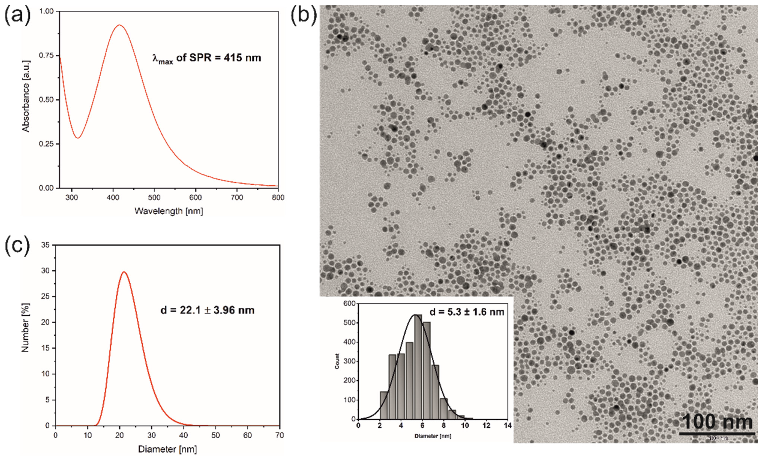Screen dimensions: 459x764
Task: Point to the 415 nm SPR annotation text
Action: [207, 58]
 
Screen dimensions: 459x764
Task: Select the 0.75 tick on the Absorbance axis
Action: [46, 55]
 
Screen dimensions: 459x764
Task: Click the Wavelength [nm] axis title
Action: [169, 211]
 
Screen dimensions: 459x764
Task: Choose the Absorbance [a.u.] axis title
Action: [26, 96]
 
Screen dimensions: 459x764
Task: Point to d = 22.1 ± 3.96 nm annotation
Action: [207, 310]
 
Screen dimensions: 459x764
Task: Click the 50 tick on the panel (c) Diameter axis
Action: [215, 435]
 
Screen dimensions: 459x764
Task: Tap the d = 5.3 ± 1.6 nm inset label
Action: [467, 312]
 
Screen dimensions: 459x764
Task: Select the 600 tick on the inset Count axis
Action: [349, 304]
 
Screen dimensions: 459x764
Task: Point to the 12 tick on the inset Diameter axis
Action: [486, 426]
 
